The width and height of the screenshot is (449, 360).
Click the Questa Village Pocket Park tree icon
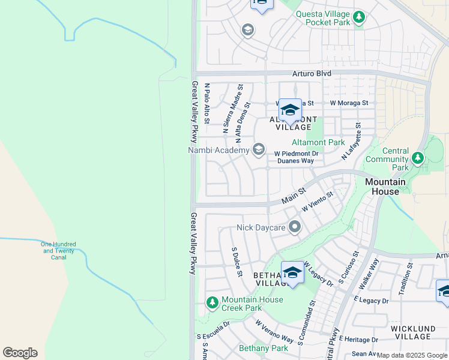(x=359, y=17)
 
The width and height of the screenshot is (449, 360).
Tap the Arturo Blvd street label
(x=312, y=73)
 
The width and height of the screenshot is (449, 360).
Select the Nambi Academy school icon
(x=259, y=149)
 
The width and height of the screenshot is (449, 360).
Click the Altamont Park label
(x=318, y=142)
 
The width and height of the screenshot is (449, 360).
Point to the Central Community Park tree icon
(x=417, y=159)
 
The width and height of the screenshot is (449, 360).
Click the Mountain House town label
(x=385, y=187)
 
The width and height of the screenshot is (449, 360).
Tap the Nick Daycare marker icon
(x=294, y=227)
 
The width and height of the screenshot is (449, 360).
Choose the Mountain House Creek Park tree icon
(x=211, y=302)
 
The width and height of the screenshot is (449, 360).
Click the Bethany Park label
(x=264, y=348)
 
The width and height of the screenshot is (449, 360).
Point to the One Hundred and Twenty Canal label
(x=58, y=251)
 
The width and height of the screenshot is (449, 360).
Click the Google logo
(x=20, y=352)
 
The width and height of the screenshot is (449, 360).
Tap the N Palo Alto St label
(x=206, y=103)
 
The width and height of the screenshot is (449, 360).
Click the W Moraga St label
(x=349, y=103)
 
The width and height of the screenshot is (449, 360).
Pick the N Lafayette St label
(x=352, y=142)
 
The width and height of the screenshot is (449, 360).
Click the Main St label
(x=294, y=196)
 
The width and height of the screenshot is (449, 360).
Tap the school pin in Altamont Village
(x=290, y=110)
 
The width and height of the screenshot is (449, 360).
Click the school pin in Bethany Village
(x=292, y=272)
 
